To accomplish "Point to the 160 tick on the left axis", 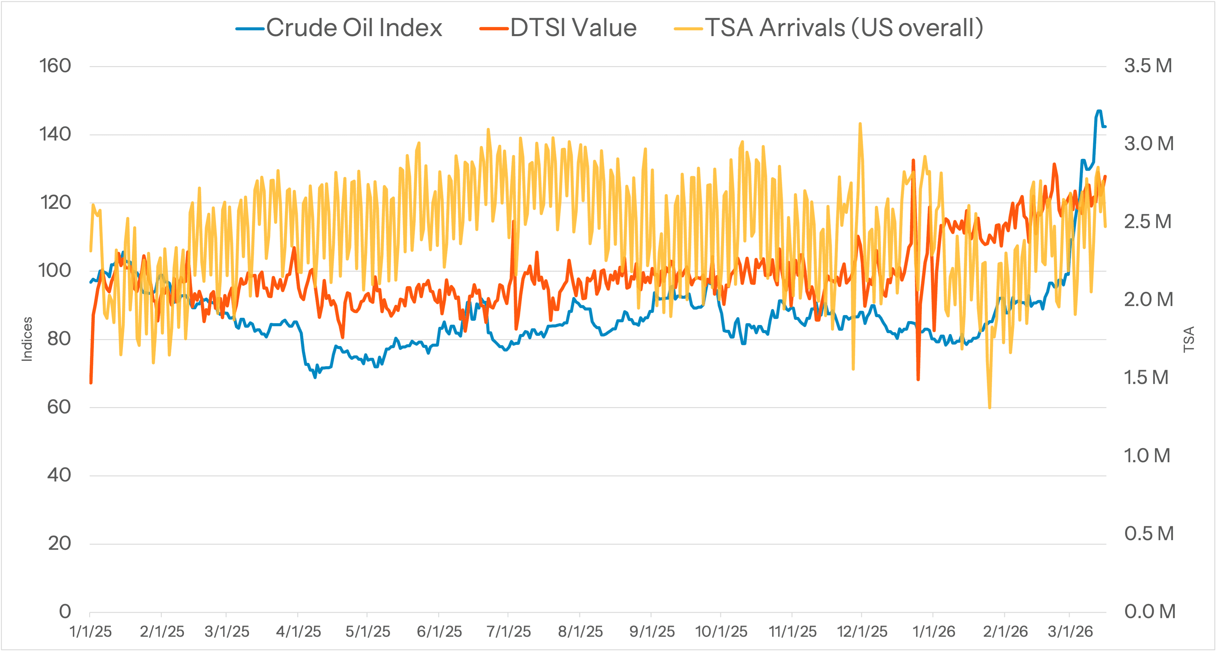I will click(x=55, y=66).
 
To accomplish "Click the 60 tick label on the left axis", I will click(x=59, y=407).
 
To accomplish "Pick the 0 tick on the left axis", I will click(x=65, y=612).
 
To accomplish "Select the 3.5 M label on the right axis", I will click(x=1148, y=66).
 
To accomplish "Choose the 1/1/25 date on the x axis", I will click(x=90, y=632).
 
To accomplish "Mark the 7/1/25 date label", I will click(x=508, y=632).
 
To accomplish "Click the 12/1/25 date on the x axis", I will click(x=862, y=632).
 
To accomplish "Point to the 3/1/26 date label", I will click(x=1070, y=632).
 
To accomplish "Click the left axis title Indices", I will click(x=27, y=339).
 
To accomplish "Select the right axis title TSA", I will click(x=1189, y=339).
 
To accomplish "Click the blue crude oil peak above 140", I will click(x=1099, y=111).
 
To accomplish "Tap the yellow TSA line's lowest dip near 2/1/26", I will click(x=989, y=407).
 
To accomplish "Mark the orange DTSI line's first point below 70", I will click(x=91, y=382).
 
